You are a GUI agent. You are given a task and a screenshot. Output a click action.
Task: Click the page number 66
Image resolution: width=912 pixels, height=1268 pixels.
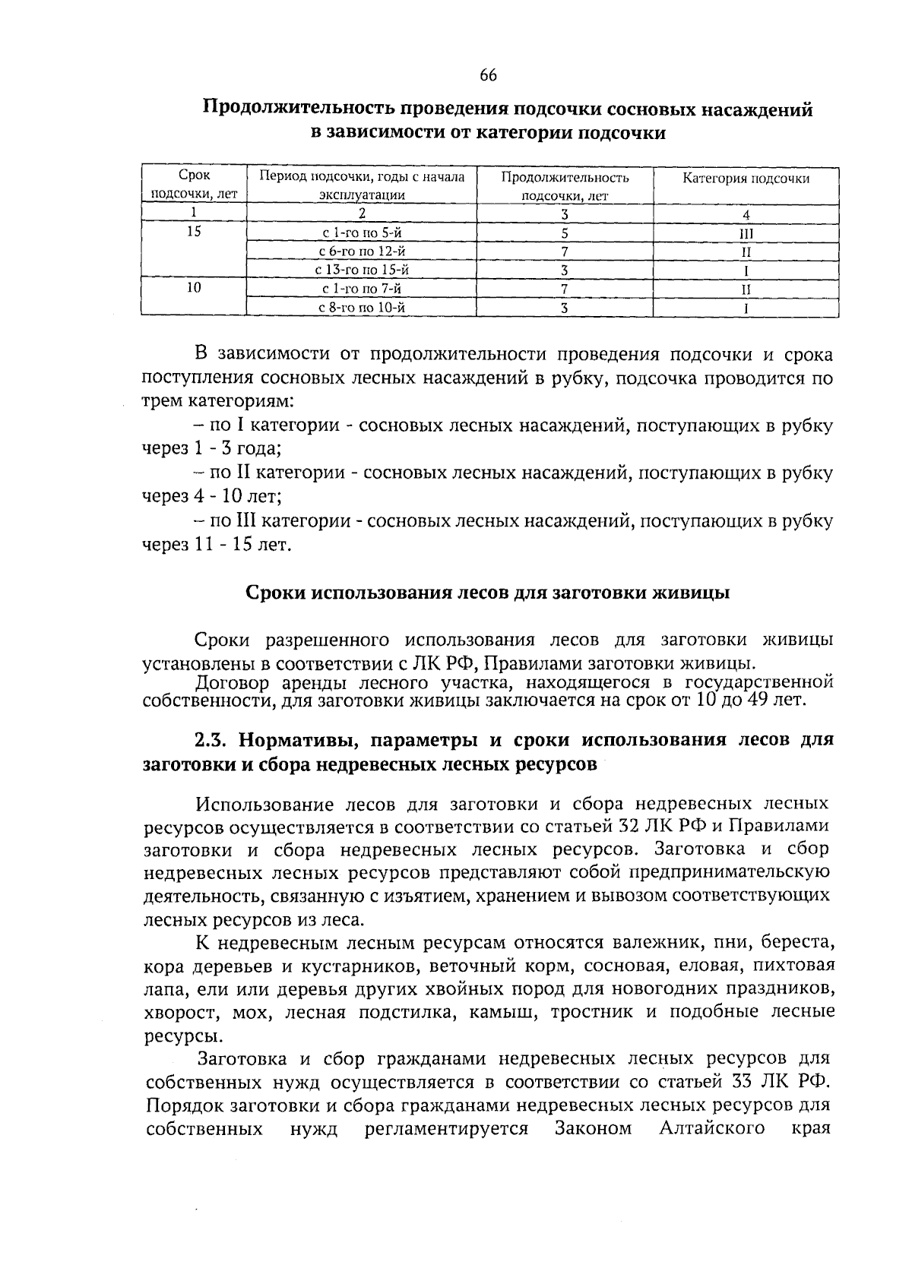click(x=489, y=74)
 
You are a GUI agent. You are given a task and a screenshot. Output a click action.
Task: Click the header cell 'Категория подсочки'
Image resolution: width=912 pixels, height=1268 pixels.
click(x=745, y=179)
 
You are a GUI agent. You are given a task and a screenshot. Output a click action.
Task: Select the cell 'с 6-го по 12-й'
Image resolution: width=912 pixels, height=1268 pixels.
click(x=361, y=251)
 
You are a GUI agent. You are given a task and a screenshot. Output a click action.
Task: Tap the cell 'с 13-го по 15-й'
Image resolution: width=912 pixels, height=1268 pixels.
click(x=361, y=270)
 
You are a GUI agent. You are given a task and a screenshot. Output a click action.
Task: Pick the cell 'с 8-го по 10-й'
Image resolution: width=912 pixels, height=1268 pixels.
click(x=361, y=308)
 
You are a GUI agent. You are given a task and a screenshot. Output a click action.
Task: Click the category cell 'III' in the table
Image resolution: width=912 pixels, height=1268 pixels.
click(x=746, y=233)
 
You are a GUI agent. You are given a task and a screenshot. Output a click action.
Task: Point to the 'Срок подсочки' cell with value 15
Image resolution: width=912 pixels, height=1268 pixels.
click(x=194, y=232)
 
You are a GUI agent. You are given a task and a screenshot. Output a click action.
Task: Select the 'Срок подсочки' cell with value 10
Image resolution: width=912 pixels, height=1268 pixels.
click(x=194, y=289)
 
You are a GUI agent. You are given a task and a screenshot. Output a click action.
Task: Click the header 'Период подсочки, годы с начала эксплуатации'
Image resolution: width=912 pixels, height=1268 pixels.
click(x=361, y=186)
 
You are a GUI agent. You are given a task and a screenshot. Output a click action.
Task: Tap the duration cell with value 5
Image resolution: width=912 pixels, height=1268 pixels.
click(x=565, y=233)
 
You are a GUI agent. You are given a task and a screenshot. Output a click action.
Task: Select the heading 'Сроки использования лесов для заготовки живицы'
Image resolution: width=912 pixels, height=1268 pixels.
click(x=488, y=593)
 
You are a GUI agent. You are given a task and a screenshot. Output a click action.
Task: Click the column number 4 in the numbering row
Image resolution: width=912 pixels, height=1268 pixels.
click(x=746, y=214)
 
